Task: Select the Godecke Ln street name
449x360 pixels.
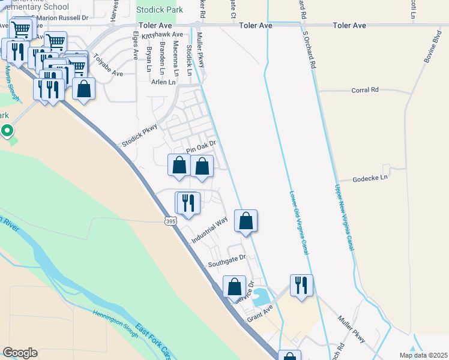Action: click(x=370, y=178)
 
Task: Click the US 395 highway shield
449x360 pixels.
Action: click(x=170, y=221)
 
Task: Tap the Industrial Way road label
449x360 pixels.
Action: click(x=209, y=230)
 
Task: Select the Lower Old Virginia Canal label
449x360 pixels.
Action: click(x=298, y=222)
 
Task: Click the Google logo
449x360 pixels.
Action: click(x=20, y=353)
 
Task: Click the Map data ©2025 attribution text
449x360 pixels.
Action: click(x=423, y=355)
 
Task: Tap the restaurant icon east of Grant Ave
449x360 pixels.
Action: click(x=301, y=284)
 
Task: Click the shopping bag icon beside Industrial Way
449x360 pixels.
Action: click(x=246, y=220)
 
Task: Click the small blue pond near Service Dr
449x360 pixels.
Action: click(x=261, y=295)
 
